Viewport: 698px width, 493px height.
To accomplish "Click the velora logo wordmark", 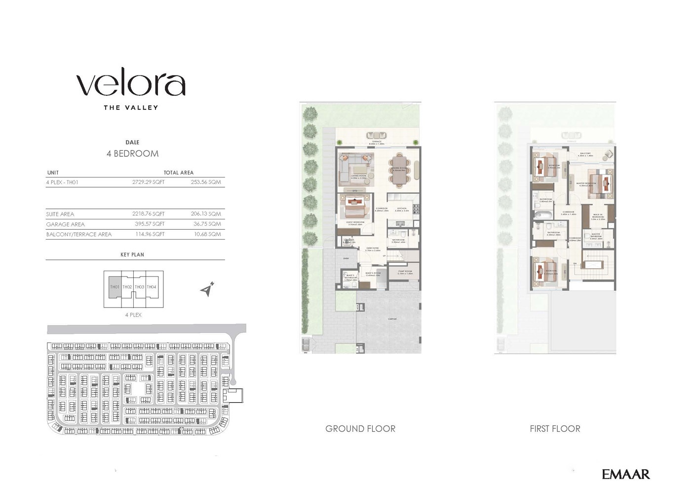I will [131, 85].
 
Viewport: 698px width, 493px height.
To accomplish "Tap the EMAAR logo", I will [625, 474].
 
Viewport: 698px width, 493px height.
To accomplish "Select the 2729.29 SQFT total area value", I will [148, 182].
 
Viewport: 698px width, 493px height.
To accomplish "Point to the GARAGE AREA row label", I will [65, 224].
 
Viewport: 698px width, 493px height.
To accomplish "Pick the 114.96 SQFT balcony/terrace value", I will [148, 234].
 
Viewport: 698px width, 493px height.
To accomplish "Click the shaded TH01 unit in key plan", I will [115, 287].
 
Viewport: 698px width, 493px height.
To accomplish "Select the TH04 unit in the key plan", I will [152, 287].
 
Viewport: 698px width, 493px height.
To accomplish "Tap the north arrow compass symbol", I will [208, 289].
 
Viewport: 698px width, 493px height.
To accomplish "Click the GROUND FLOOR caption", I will [360, 429].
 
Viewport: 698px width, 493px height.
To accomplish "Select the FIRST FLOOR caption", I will [555, 429].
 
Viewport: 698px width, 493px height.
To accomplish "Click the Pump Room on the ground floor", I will [404, 273].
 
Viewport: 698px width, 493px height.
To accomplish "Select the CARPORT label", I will [392, 319].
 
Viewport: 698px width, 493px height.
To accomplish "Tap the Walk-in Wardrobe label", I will [598, 216].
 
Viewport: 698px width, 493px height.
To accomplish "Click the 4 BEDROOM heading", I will [132, 154].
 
